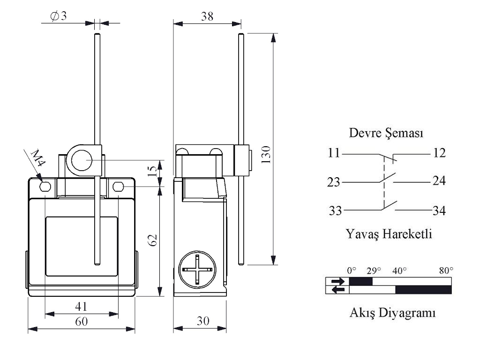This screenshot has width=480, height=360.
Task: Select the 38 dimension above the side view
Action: click(207, 16)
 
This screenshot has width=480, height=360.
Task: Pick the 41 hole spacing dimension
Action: click(82, 307)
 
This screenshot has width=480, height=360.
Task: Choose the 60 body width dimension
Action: click(82, 322)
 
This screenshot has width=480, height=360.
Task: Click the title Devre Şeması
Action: click(387, 133)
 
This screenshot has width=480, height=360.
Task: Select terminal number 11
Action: click(334, 153)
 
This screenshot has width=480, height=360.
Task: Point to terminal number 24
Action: click(439, 181)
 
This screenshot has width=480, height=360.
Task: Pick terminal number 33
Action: click(335, 211)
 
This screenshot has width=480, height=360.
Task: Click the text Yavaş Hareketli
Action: click(389, 233)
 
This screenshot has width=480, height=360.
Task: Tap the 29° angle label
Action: click(374, 270)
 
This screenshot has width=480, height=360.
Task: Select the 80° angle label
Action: click(446, 270)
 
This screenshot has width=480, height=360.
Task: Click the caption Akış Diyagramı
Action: click(392, 312)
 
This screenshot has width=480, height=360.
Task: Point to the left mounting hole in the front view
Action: click(45, 187)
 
